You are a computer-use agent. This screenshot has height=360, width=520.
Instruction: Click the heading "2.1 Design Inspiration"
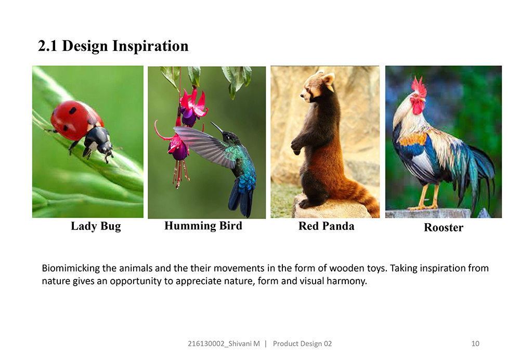click(113, 46)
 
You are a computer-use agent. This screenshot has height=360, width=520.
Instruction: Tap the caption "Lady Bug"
click(96, 226)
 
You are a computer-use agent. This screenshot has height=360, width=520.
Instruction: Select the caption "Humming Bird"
click(203, 226)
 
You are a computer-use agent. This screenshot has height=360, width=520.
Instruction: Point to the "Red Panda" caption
click(327, 226)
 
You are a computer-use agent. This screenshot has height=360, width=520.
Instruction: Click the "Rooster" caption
click(444, 227)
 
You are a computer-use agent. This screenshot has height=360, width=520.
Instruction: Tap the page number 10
click(475, 343)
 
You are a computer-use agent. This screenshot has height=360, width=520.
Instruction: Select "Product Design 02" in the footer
click(302, 344)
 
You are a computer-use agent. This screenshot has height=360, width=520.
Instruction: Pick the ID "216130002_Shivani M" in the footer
click(224, 344)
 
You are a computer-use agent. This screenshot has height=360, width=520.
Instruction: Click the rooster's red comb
click(419, 87)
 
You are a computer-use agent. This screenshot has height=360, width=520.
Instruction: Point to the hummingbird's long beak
click(217, 127)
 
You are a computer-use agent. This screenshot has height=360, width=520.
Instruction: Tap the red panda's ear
click(328, 79)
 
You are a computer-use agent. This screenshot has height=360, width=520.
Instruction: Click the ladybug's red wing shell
click(74, 120)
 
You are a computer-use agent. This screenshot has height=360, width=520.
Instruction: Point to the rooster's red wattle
click(418, 107)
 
